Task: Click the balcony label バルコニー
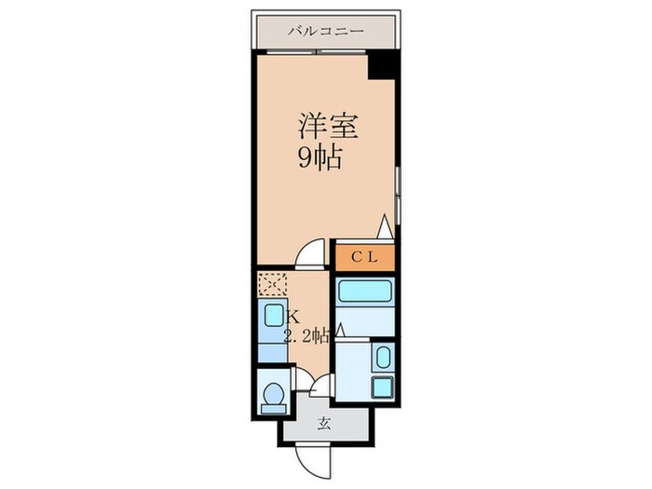point(325,31)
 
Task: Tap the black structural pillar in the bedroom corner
point(382,66)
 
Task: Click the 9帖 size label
point(319,157)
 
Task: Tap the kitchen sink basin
point(274,315)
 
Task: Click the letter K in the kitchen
point(292,316)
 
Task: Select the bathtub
point(365,293)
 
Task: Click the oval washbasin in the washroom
point(381,357)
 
